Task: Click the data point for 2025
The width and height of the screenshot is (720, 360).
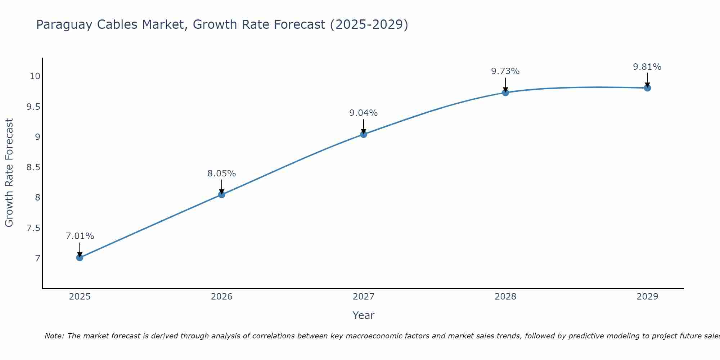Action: click(x=80, y=257)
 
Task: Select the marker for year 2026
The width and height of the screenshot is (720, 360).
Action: click(x=221, y=194)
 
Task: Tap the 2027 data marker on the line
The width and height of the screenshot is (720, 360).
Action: click(x=363, y=134)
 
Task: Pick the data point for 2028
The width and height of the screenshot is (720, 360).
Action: click(x=505, y=93)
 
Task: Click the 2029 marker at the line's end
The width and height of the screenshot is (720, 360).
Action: click(x=647, y=88)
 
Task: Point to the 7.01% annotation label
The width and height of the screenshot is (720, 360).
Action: click(x=80, y=236)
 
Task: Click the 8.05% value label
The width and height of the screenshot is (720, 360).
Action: click(x=221, y=174)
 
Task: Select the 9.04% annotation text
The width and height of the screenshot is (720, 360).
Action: click(x=363, y=113)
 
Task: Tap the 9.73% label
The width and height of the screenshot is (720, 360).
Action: click(x=505, y=71)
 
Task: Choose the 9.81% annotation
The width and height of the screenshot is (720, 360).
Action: click(x=647, y=67)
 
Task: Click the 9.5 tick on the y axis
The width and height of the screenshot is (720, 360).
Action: click(x=33, y=107)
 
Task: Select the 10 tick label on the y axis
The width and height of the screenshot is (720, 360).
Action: click(x=35, y=76)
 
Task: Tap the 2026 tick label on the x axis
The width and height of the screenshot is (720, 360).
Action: click(x=221, y=297)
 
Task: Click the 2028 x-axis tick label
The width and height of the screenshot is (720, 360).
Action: click(x=505, y=297)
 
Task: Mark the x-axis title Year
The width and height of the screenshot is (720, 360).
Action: click(x=363, y=315)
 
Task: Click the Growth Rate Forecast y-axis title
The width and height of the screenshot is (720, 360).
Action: click(x=9, y=172)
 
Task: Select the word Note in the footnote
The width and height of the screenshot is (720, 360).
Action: click(x=54, y=336)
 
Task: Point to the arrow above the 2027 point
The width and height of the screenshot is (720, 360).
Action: click(x=363, y=126)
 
